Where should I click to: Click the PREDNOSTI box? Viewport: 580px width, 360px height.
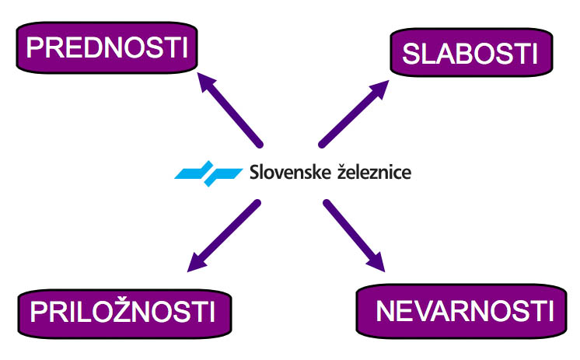click(107, 49)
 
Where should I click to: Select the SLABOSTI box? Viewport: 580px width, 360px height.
click(470, 54)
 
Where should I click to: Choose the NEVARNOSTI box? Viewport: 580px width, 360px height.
click(465, 312)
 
